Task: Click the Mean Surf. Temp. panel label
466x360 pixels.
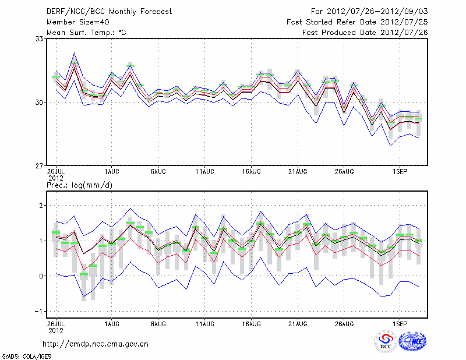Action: [86, 32]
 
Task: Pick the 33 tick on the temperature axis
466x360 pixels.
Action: [40, 39]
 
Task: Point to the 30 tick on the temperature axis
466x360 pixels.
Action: [40, 103]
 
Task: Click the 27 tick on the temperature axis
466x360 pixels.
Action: [40, 166]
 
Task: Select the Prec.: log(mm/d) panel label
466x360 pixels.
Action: [80, 185]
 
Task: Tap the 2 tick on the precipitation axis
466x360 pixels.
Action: [41, 206]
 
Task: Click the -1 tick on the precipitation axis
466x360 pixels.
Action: [40, 311]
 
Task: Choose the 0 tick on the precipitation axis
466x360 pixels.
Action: [41, 276]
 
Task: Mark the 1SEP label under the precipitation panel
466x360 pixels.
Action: [399, 322]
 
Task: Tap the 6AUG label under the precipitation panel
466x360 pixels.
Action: [158, 322]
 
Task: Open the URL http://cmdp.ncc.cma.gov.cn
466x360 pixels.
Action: [97, 344]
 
